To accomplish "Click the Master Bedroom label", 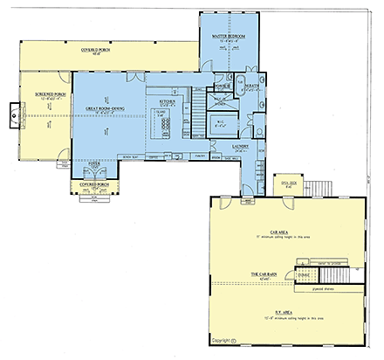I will [x=227, y=36].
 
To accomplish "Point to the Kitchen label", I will [x=167, y=101].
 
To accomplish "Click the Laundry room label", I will [x=241, y=147].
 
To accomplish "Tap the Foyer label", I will [x=93, y=163].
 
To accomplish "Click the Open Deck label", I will [x=285, y=184].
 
